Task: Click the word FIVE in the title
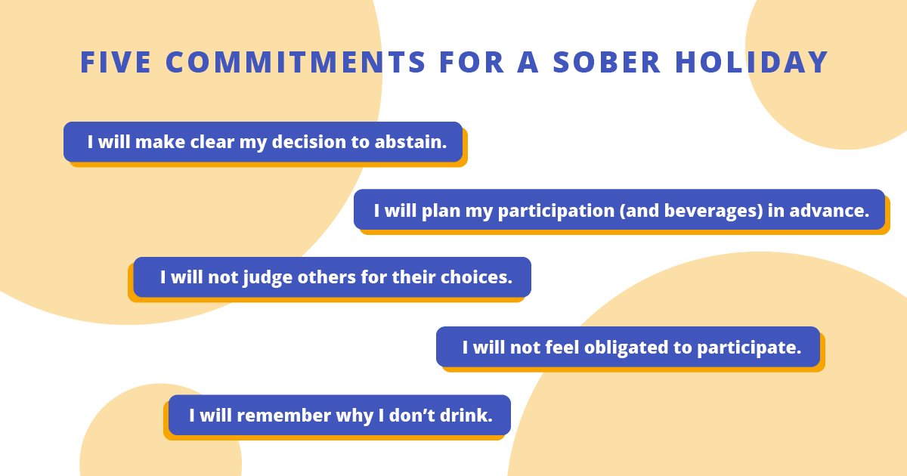pyautogui.click(x=116, y=63)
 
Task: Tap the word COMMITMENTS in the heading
pyautogui.click(x=296, y=63)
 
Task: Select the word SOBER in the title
pyautogui.click(x=607, y=63)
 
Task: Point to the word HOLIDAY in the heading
pyautogui.click(x=752, y=63)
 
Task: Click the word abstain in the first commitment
pyautogui.click(x=410, y=142)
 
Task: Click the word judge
pyautogui.click(x=268, y=278)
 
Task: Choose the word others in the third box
pyautogui.click(x=327, y=278)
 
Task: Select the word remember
pyautogui.click(x=284, y=416)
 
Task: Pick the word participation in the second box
pyautogui.click(x=556, y=212)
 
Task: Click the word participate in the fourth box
pyautogui.click(x=749, y=348)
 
